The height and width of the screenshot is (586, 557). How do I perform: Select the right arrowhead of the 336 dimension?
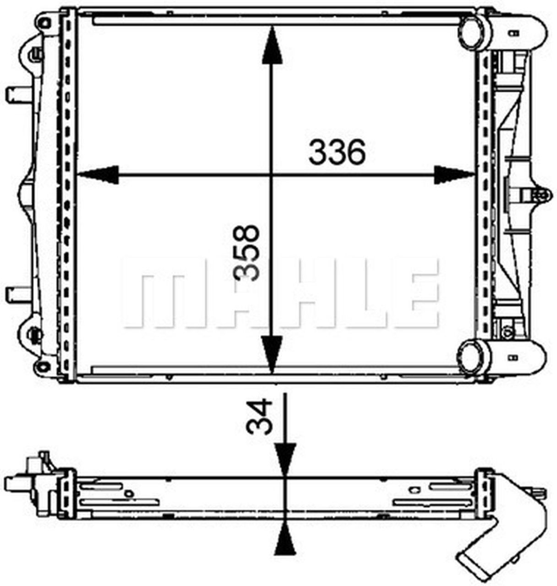[453, 175]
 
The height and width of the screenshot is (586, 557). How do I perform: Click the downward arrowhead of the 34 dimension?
[284, 460]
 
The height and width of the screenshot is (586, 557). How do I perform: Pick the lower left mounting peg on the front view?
[16, 291]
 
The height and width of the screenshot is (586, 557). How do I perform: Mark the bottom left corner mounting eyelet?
[43, 366]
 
